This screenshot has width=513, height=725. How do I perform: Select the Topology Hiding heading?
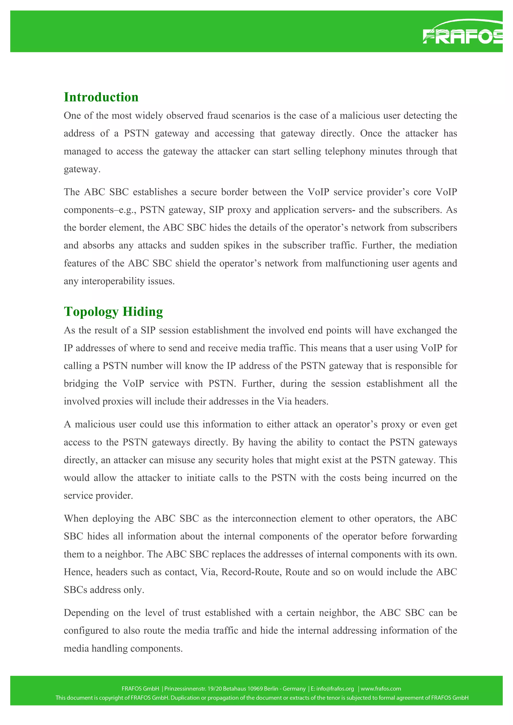(113, 311)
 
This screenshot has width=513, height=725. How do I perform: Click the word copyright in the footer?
(114, 697)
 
